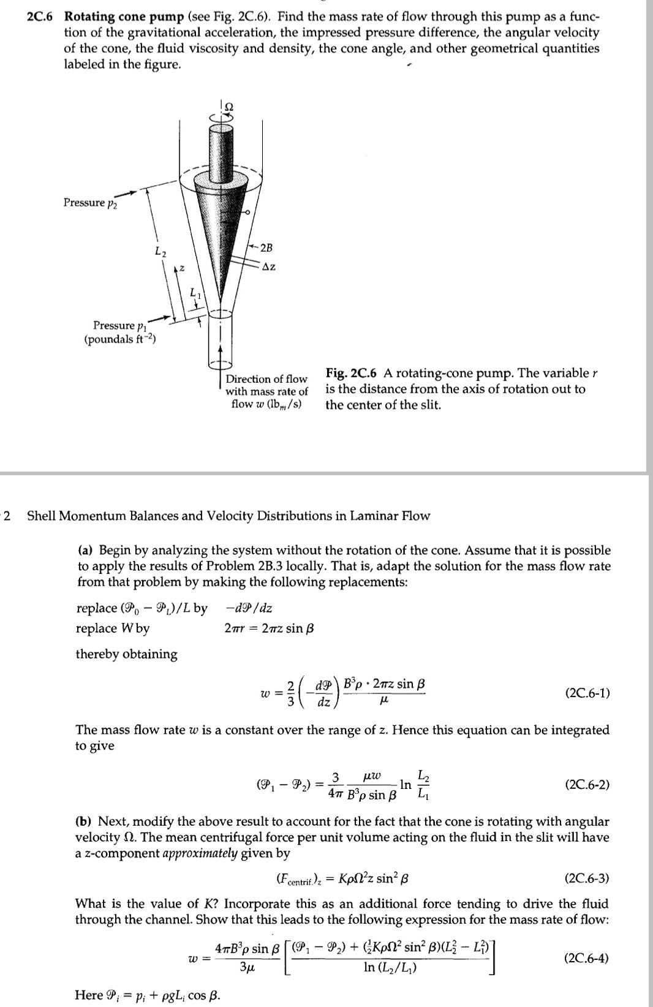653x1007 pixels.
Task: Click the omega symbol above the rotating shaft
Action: pyautogui.click(x=228, y=106)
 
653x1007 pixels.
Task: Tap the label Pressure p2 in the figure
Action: pyautogui.click(x=90, y=203)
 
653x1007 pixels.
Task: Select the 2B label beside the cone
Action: pyautogui.click(x=266, y=247)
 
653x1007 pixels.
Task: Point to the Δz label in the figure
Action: pyautogui.click(x=268, y=266)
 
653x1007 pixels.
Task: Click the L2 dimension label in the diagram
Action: pyautogui.click(x=159, y=251)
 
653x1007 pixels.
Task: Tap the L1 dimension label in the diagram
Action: pyautogui.click(x=194, y=294)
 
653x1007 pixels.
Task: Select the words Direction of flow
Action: pyautogui.click(x=266, y=379)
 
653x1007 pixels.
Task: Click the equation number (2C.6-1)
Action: pyautogui.click(x=588, y=693)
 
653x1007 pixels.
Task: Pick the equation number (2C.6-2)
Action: pyautogui.click(x=588, y=784)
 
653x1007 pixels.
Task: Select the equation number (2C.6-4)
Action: pyautogui.click(x=587, y=958)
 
